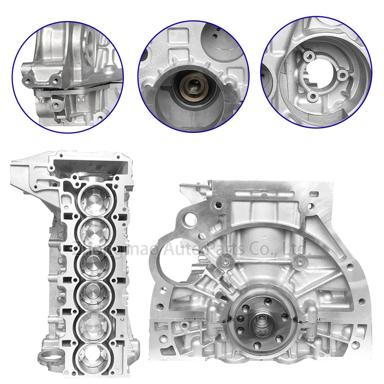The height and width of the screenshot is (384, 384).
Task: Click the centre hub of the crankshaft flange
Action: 260,321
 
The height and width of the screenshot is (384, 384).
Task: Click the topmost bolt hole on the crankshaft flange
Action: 267,300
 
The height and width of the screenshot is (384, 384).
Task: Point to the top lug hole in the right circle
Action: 309,56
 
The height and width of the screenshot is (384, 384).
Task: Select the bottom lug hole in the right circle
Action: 312,96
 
